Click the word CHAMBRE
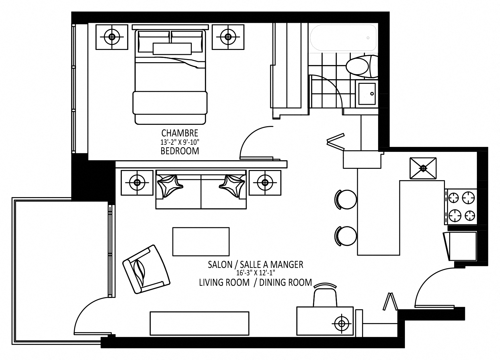tap(180, 133)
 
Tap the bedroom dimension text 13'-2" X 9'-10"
tap(180, 142)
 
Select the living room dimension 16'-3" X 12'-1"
tap(255, 273)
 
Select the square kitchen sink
tap(423, 168)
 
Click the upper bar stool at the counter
tap(346, 199)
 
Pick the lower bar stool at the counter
tap(346, 236)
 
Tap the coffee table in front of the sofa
tap(201, 241)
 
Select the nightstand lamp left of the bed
tap(112, 37)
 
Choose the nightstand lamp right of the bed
tap(228, 37)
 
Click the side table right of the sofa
tap(265, 182)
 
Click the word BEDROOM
tap(180, 151)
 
